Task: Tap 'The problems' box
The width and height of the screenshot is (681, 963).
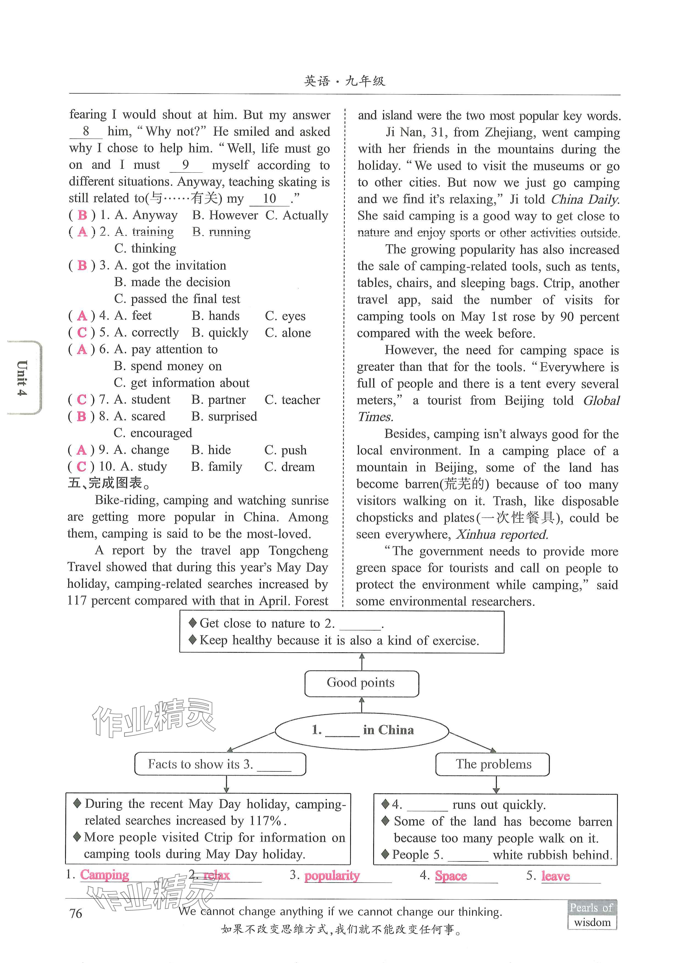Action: pyautogui.click(x=493, y=764)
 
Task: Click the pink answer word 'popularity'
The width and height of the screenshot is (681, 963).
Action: pyautogui.click(x=332, y=876)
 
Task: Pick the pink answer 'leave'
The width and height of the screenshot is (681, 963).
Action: pyautogui.click(x=555, y=876)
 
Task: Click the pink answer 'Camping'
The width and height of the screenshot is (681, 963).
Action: pyautogui.click(x=104, y=875)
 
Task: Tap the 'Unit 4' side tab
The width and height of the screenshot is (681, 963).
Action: pyautogui.click(x=23, y=377)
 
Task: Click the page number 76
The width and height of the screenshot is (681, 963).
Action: pyautogui.click(x=76, y=913)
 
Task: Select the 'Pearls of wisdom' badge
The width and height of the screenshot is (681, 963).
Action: pyautogui.click(x=592, y=915)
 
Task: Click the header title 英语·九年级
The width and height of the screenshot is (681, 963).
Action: pyautogui.click(x=345, y=81)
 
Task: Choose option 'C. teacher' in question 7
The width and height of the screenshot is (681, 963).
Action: pyautogui.click(x=292, y=400)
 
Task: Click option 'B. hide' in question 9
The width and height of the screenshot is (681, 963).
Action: pyautogui.click(x=211, y=450)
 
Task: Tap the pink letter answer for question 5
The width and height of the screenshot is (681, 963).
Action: pyautogui.click(x=82, y=333)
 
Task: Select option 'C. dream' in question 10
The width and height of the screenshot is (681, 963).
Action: pyautogui.click(x=289, y=467)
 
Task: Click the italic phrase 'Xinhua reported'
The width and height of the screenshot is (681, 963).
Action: pyautogui.click(x=502, y=534)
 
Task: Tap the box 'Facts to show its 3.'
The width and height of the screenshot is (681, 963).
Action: pyautogui.click(x=220, y=764)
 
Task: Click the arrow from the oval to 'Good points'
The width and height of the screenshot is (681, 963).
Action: pyautogui.click(x=362, y=705)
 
